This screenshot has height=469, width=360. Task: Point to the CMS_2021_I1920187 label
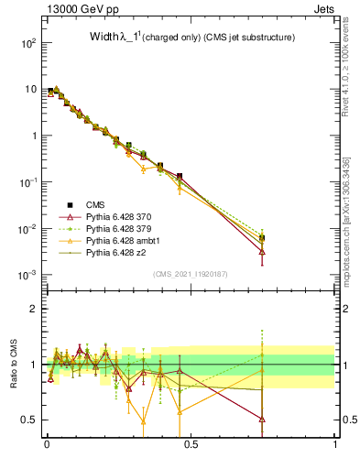[x=191, y=274]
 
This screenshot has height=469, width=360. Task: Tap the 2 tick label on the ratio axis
[x=33, y=309]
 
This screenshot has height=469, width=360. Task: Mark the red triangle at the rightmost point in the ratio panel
[x=263, y=419]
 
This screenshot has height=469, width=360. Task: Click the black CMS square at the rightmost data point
[x=263, y=238]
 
